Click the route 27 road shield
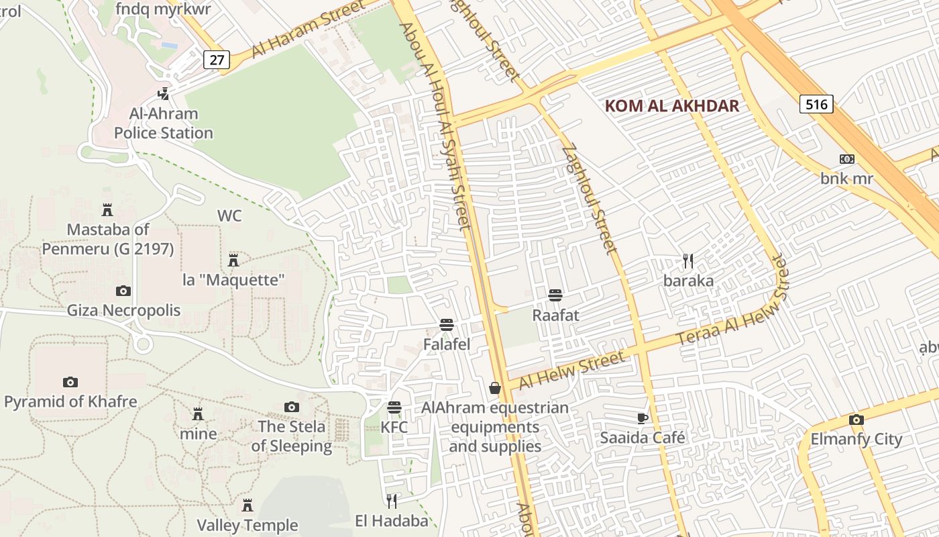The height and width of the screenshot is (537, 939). tap(217, 60)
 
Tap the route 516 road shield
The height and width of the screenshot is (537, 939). tap(816, 104)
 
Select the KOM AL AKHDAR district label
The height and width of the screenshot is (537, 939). tap(672, 105)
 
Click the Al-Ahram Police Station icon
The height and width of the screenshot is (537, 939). tap(163, 93)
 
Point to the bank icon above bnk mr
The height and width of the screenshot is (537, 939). tap(847, 159)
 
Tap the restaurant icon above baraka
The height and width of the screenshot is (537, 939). tap(687, 260)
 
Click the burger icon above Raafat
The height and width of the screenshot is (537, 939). tap(555, 295)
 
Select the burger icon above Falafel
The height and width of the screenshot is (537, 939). tap(447, 325)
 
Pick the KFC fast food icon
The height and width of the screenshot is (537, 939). tap(394, 407)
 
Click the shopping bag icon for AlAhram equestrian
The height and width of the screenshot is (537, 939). tap(495, 388)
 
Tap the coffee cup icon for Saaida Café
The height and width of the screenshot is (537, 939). tap(643, 418)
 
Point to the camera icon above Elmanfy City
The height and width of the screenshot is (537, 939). tap(856, 420)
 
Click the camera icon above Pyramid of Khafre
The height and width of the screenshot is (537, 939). tap(70, 382)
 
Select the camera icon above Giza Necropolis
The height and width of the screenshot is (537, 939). tap(123, 291)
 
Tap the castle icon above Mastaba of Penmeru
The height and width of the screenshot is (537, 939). tap(107, 210)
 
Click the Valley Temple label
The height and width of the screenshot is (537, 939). tap(247, 525)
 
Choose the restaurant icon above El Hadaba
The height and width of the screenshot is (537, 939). tap(392, 501)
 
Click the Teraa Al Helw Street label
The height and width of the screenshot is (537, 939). tap(734, 310)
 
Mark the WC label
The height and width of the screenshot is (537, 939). tap(229, 216)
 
